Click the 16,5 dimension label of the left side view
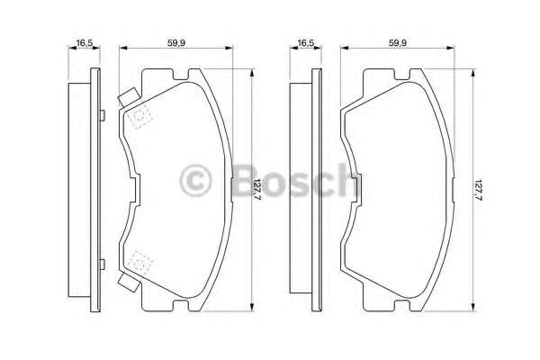[84, 43]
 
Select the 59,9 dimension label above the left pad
[176, 43]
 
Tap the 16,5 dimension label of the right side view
[306, 43]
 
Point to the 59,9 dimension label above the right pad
[398, 43]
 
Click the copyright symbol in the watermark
[195, 181]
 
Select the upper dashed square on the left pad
[139, 116]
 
